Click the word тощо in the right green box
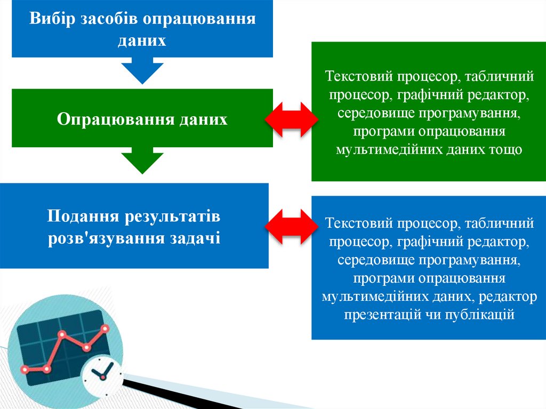504,149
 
